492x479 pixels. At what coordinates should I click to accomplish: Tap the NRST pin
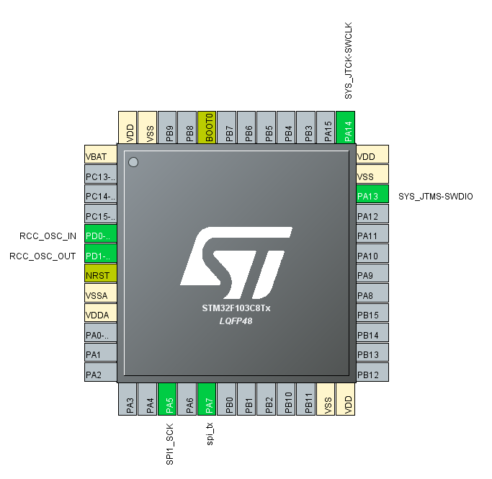tap(100, 275)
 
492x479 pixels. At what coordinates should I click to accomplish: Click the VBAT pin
tap(100, 156)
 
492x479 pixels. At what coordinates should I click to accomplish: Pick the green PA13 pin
tap(372, 196)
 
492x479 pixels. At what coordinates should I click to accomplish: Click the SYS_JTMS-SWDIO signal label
tap(436, 196)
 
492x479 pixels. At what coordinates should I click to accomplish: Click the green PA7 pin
tap(207, 400)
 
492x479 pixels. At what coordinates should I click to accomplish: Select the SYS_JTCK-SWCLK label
tap(349, 61)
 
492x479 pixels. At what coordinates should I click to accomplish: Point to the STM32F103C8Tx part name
tap(236, 308)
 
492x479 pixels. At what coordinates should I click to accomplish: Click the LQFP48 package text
tap(236, 321)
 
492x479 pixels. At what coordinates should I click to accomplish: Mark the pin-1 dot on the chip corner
tap(133, 162)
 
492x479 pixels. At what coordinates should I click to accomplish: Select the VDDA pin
tap(100, 315)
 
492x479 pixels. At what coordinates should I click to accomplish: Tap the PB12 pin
tap(372, 375)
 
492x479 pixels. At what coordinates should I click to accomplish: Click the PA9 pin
tap(372, 275)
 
